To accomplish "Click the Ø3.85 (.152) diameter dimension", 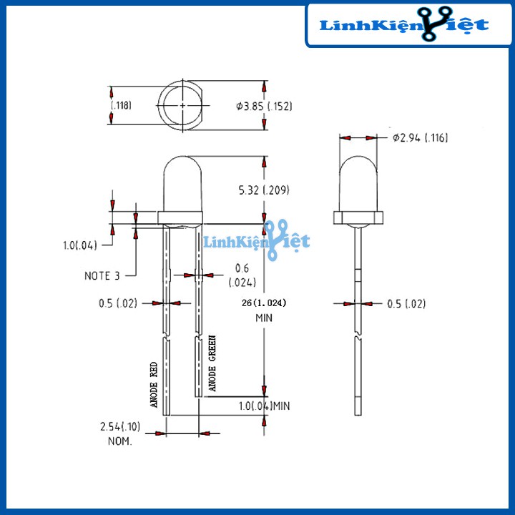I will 264,107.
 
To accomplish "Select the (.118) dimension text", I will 122,106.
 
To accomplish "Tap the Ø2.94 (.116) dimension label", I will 420,138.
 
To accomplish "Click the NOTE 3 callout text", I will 102,275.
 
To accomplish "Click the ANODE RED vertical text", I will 153,385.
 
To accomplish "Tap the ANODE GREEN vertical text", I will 211,363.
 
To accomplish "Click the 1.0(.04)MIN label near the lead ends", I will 264,406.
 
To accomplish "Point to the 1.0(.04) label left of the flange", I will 79,245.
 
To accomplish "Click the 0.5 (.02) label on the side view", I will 406,304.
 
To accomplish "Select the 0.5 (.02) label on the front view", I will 119,303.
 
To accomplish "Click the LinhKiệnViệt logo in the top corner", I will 404,25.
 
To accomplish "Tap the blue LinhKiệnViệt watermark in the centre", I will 257,240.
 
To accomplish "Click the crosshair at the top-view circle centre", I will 184,105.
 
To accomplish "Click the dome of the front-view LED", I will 184,182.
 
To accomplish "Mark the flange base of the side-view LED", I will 358,217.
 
